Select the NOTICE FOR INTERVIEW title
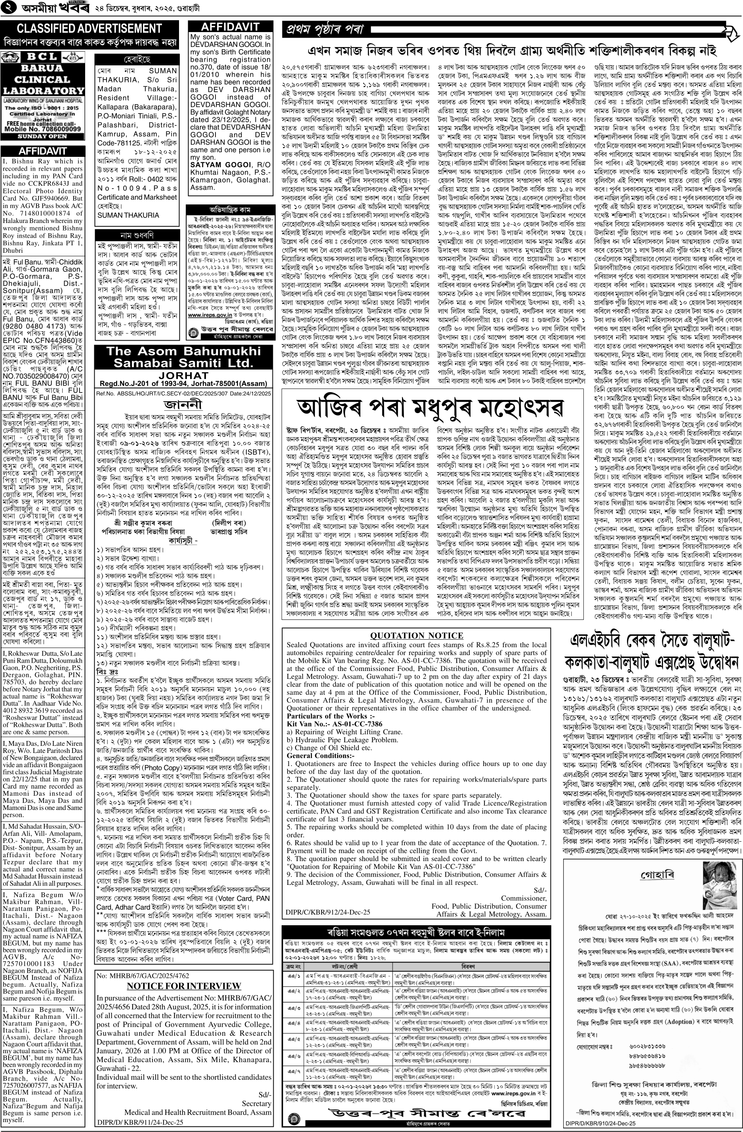[184, 972]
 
